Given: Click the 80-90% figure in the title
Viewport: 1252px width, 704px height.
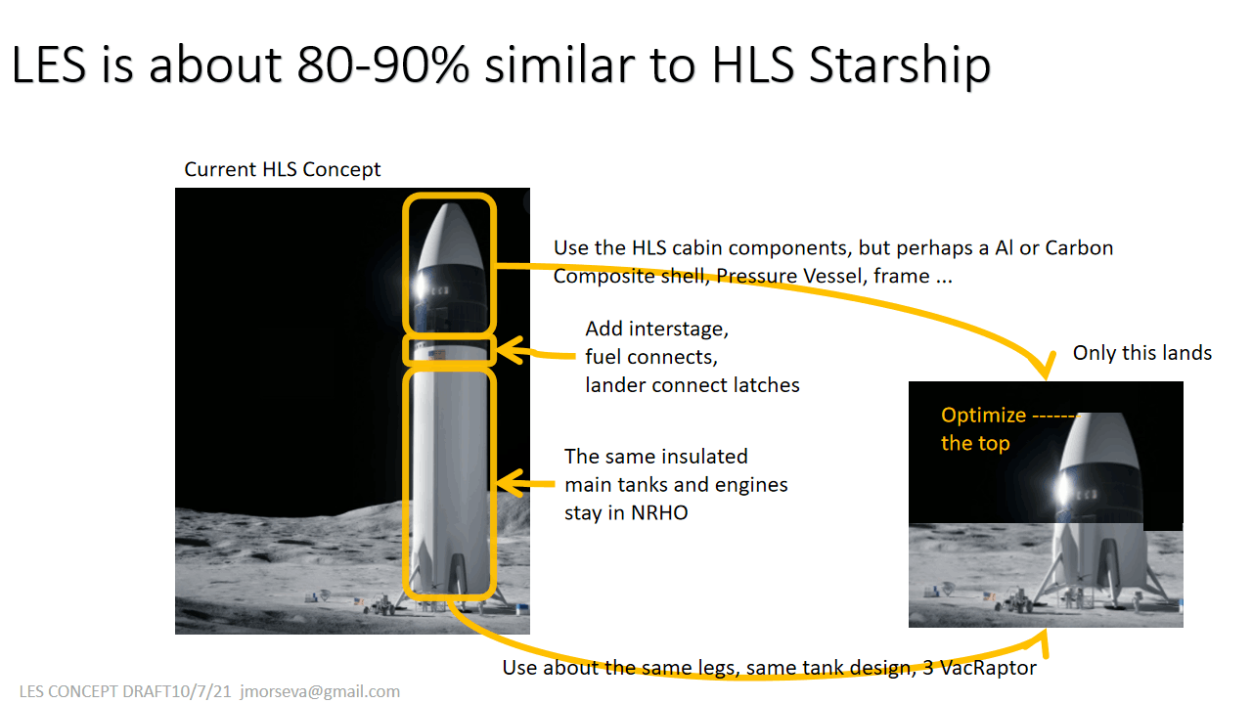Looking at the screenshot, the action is click(382, 65).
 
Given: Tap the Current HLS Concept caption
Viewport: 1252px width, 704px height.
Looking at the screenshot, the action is click(283, 169).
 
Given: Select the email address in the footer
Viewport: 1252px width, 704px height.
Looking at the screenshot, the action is click(320, 691).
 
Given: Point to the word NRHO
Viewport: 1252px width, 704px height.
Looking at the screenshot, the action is click(659, 513).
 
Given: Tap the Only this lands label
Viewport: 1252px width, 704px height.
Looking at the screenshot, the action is click(1141, 353).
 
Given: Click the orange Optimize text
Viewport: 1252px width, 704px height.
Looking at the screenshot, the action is click(983, 416).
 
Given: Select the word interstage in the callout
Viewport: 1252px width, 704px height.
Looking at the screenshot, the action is click(679, 330).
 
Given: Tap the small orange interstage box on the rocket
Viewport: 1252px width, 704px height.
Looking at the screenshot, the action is click(449, 350).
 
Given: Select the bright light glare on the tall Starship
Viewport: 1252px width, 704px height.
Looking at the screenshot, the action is click(421, 287).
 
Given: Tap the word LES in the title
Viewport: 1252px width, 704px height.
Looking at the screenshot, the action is click(49, 66).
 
